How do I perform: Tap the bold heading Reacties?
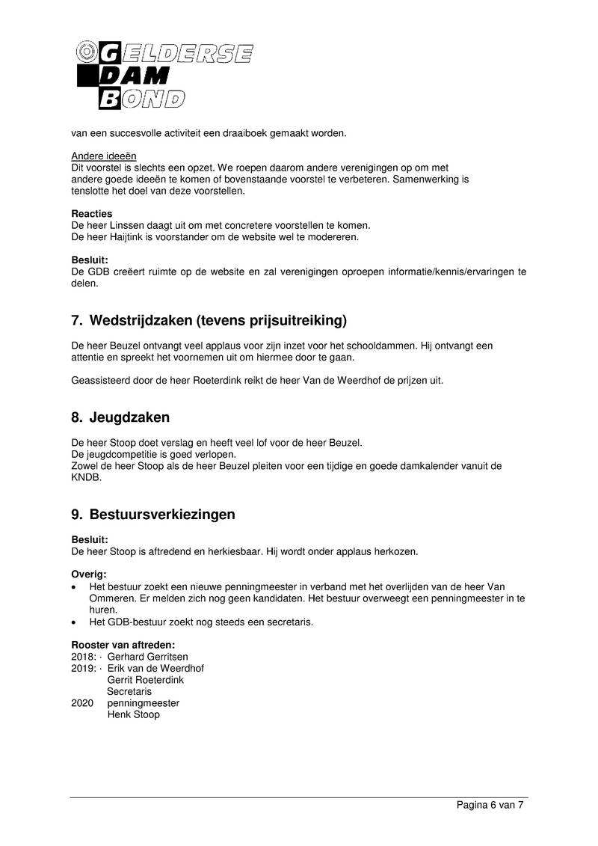click(91, 214)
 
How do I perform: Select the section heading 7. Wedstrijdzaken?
click(209, 321)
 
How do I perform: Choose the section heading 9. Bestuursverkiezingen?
click(153, 515)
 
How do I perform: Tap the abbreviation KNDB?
click(85, 478)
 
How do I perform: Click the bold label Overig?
click(89, 574)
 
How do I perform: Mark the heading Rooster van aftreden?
click(123, 645)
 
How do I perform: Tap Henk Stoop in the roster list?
click(133, 714)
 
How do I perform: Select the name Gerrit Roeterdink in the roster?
click(146, 680)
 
